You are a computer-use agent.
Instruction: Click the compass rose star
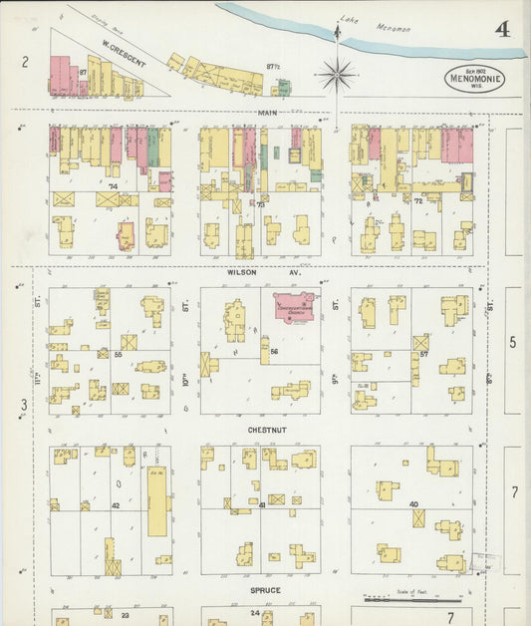[x=338, y=74]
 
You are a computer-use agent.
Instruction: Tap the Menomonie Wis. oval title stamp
[x=474, y=79]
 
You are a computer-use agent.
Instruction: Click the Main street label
[x=267, y=113]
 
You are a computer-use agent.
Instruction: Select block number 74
[x=113, y=186]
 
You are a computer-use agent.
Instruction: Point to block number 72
[x=417, y=201]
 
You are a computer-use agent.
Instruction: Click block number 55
[x=118, y=353]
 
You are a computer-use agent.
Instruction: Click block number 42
[x=116, y=505]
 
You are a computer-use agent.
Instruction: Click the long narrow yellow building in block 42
[x=157, y=501]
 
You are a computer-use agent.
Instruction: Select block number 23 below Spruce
[x=125, y=615]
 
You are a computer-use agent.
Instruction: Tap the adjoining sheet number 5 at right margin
[x=513, y=342]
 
